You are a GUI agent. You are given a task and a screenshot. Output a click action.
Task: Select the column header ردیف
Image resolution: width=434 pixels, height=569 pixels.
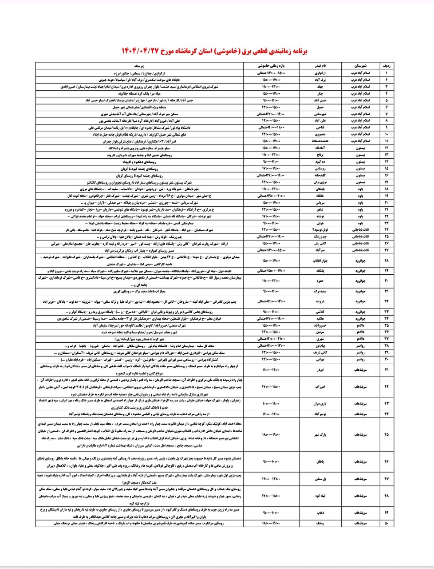(386, 65)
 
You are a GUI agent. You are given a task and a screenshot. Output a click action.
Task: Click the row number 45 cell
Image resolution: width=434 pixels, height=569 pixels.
(386, 434)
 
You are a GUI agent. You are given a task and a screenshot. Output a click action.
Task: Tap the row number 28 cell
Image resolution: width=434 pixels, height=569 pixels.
(386, 260)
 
